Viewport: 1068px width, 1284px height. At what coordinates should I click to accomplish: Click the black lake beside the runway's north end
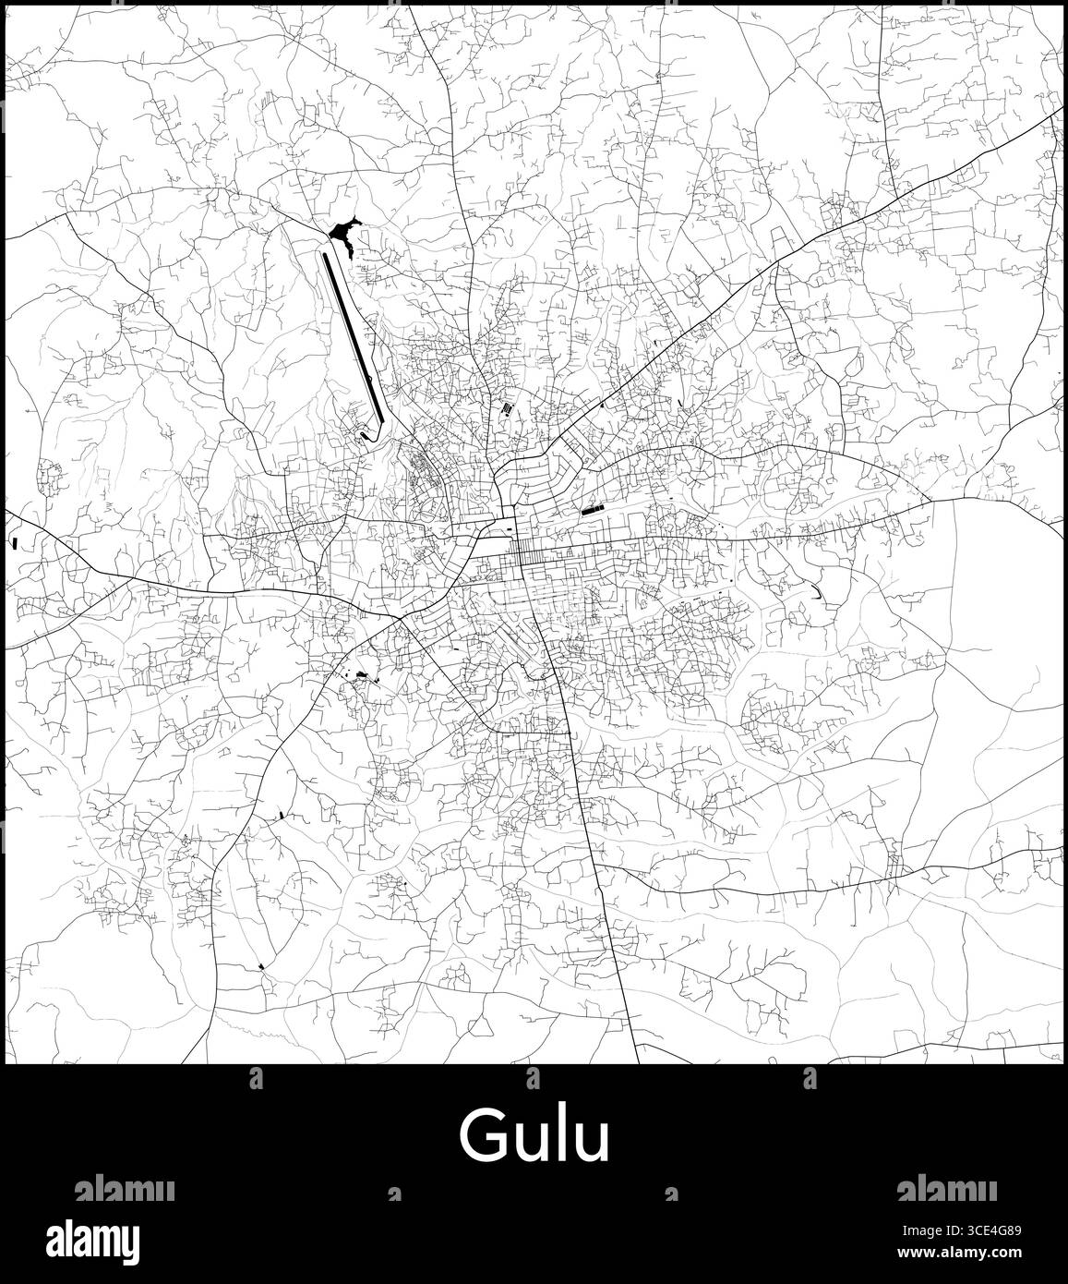(x=343, y=230)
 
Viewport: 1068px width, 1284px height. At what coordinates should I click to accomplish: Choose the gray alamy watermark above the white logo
(x=124, y=1188)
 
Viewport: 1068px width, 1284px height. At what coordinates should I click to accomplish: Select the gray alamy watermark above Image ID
(x=945, y=1188)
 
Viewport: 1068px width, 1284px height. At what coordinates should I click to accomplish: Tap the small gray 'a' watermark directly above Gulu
(x=533, y=1078)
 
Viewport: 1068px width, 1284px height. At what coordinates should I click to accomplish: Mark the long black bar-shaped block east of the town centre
(x=589, y=507)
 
